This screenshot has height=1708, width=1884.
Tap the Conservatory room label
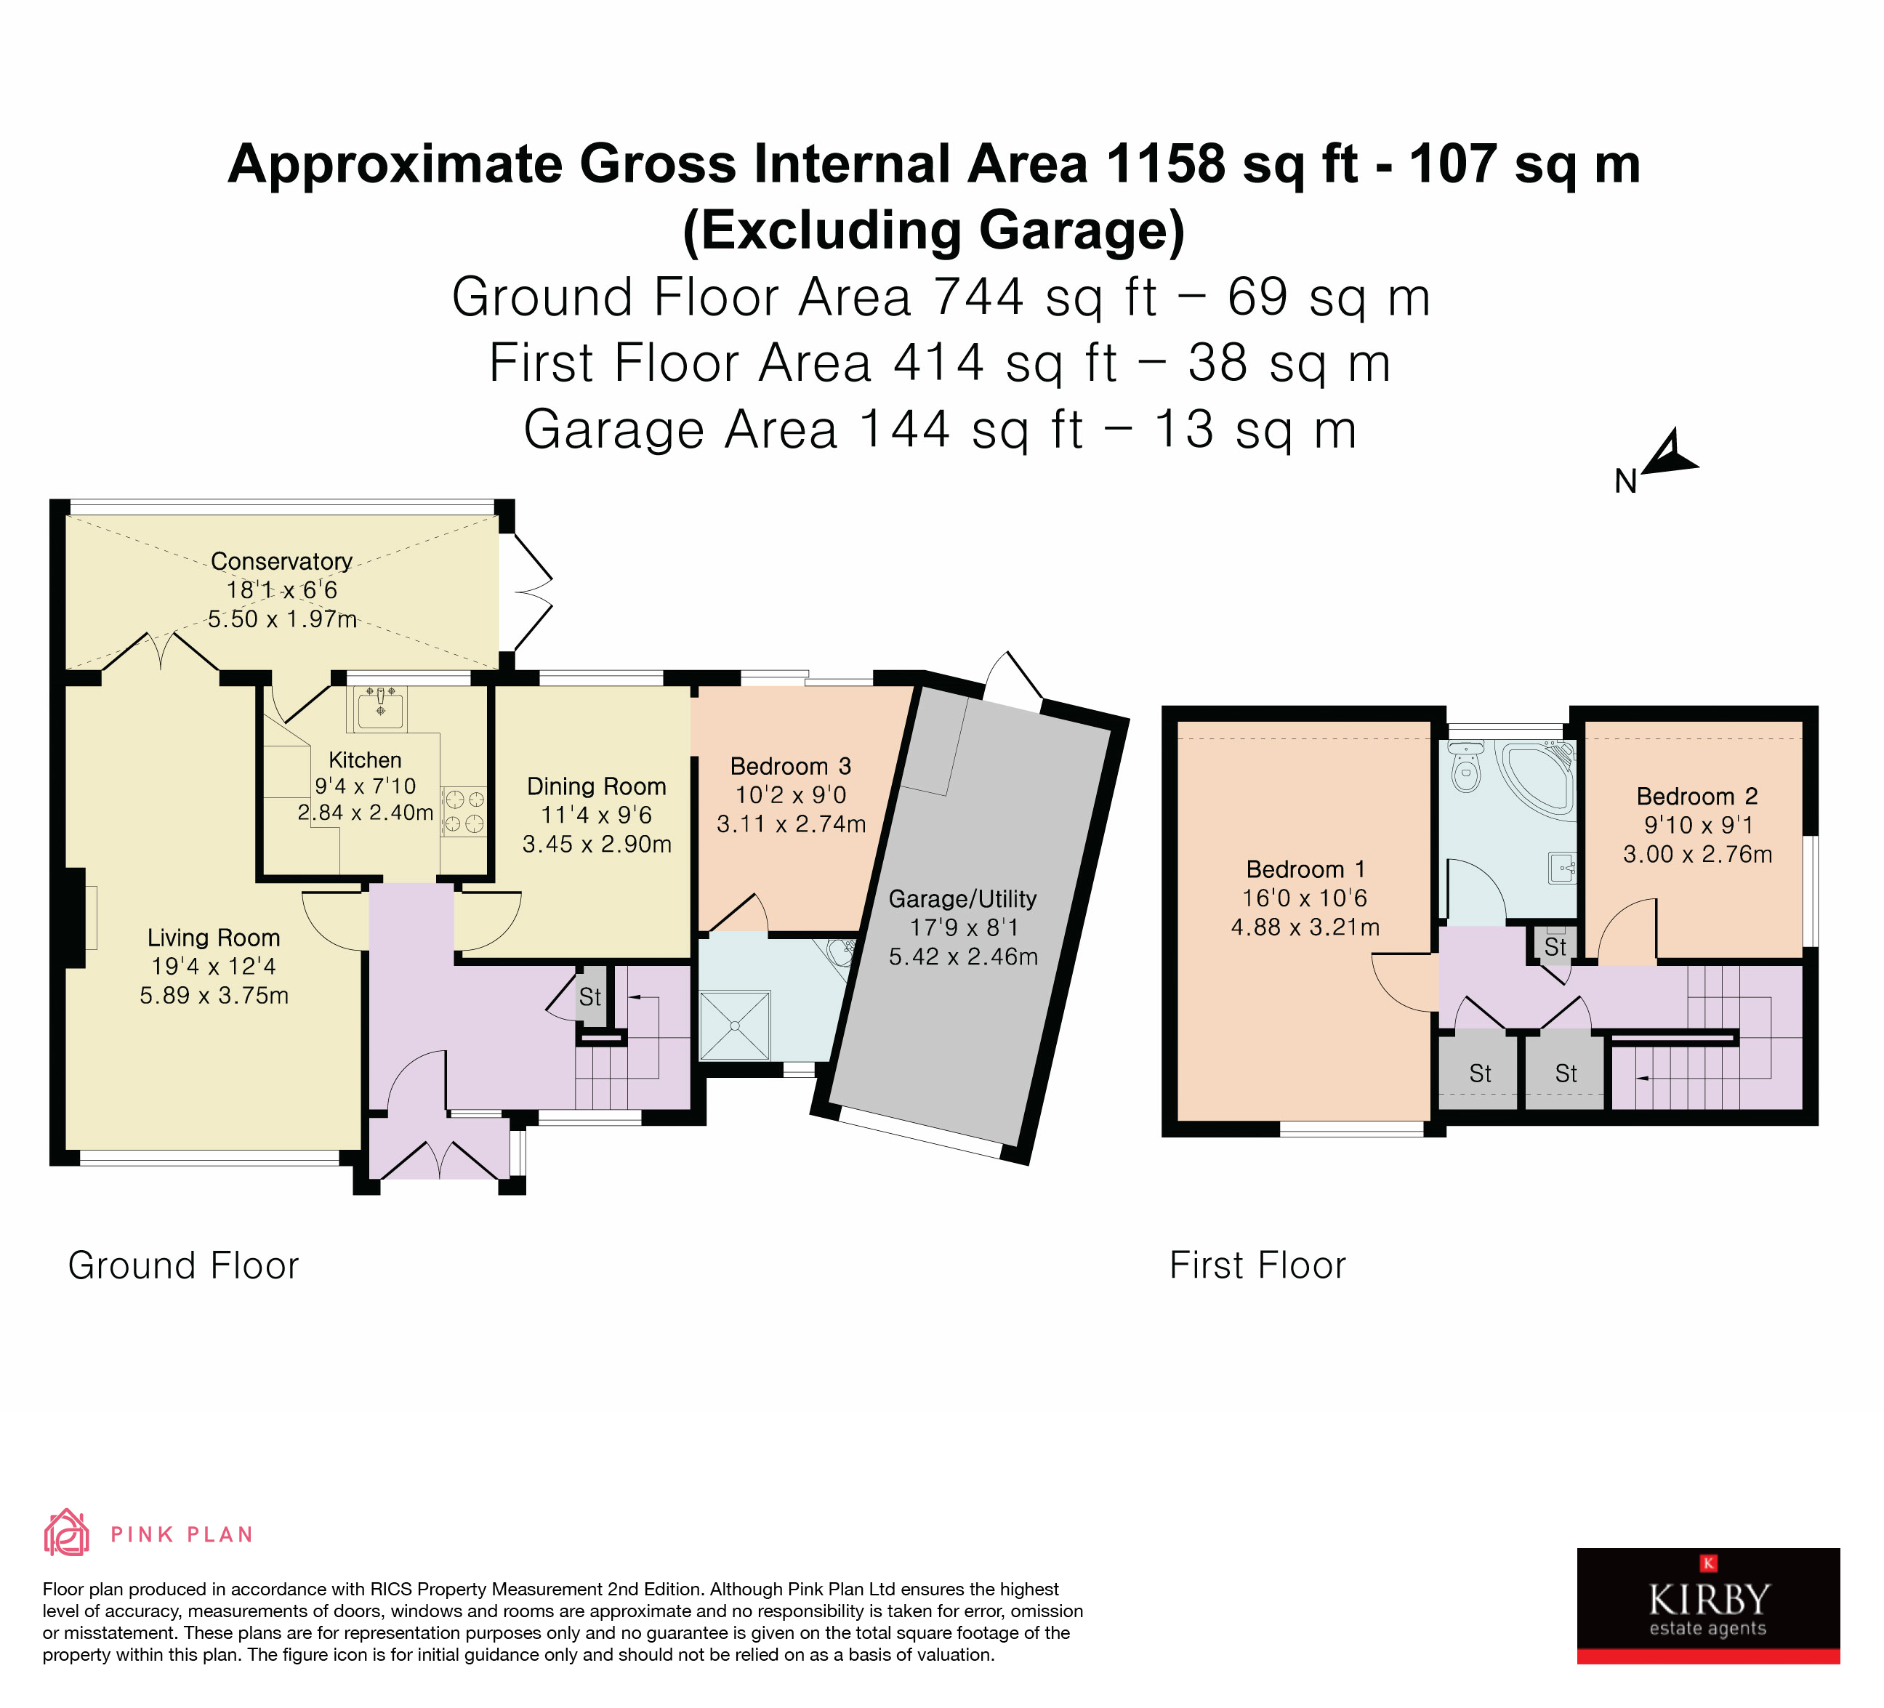(281, 562)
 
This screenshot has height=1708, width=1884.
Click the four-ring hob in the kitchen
(464, 811)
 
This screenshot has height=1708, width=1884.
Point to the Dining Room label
(596, 786)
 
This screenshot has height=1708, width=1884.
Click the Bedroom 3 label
(791, 767)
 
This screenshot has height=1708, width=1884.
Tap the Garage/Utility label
(962, 899)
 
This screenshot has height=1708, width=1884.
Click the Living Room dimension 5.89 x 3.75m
(214, 996)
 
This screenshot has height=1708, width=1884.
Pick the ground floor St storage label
(589, 997)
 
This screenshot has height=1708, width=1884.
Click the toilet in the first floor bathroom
(1466, 766)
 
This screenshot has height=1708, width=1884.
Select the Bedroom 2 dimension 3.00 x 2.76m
(1697, 855)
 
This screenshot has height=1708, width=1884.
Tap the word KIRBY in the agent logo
(1710, 1600)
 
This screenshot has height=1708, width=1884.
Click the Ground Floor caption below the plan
(183, 1266)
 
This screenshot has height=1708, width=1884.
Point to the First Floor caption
(1258, 1266)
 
